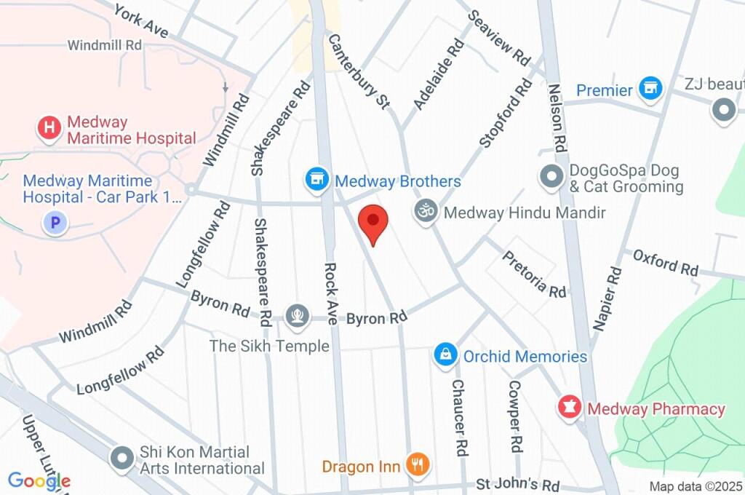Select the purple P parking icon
(54, 222)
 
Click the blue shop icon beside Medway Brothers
(316, 180)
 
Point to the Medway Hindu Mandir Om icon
(426, 212)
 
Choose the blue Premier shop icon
(650, 90)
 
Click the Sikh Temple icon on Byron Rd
(296, 315)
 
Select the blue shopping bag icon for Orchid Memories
(445, 355)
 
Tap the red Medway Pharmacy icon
(569, 408)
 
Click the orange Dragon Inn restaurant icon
(418, 464)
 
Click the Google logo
(39, 480)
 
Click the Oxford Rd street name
(665, 263)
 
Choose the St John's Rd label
(517, 484)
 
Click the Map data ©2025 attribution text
(695, 486)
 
